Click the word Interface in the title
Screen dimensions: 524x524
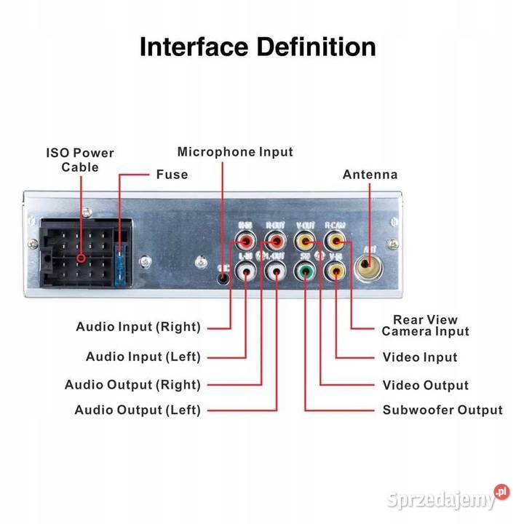click(194, 47)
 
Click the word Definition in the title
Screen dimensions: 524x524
click(316, 47)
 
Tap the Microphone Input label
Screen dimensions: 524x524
click(235, 152)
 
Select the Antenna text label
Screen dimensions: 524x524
click(370, 175)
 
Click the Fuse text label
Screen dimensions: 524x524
click(172, 175)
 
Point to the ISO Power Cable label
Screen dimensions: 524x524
click(80, 160)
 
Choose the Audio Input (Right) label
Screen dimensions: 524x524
click(138, 327)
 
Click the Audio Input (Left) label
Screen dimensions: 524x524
click(143, 357)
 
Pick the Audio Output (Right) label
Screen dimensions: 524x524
click(132, 385)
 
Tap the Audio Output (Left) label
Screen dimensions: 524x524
click(138, 410)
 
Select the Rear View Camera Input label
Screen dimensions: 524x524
click(426, 325)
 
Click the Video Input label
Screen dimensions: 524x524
click(420, 357)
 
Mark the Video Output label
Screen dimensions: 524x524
click(426, 385)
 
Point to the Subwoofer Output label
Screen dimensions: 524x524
click(442, 410)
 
